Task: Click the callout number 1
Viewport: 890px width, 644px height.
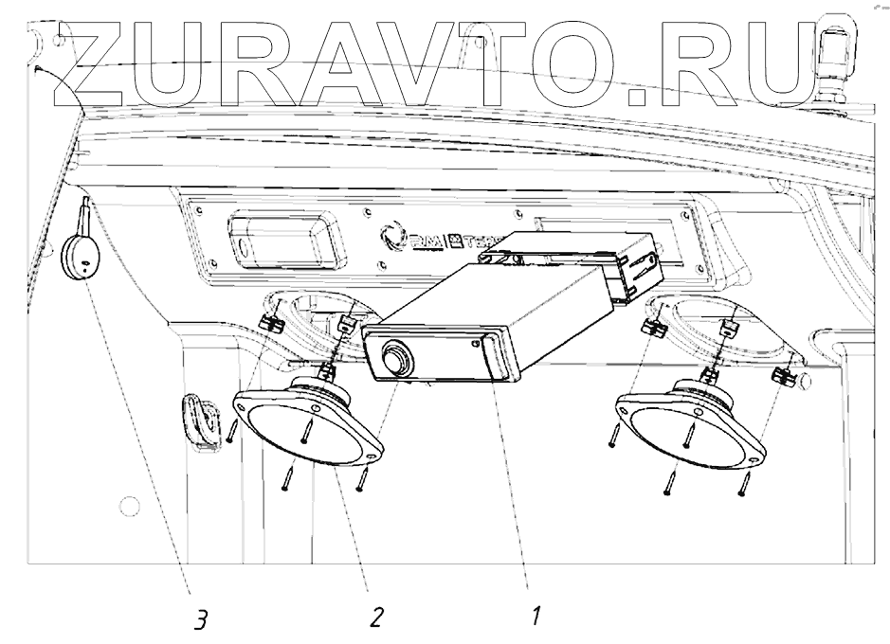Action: pos(536,617)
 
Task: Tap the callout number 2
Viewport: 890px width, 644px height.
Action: pos(376,618)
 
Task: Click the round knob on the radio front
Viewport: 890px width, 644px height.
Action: pos(396,361)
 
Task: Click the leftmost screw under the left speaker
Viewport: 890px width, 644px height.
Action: pos(231,431)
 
